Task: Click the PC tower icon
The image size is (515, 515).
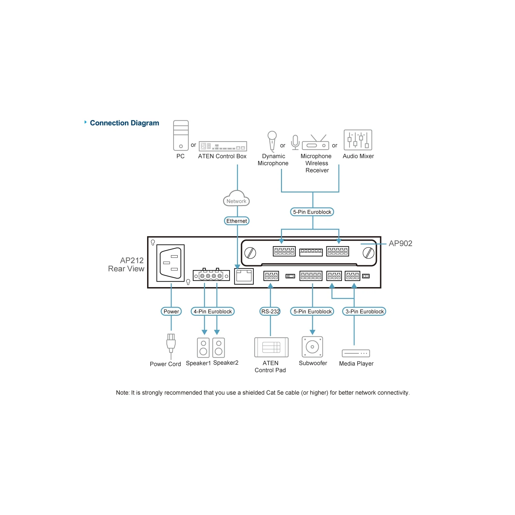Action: pos(181,136)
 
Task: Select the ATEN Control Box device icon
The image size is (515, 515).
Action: pos(223,146)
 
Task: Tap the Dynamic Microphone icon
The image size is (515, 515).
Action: pos(272,141)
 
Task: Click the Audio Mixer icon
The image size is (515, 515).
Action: pos(358,140)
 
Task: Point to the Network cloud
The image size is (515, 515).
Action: pos(236,198)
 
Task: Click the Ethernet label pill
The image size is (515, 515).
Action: pos(237,221)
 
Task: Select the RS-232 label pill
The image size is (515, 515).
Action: pos(270,311)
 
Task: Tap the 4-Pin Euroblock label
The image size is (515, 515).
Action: pos(212,311)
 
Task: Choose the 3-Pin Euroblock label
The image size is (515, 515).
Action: pos(364,311)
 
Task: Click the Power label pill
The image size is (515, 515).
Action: pos(171,311)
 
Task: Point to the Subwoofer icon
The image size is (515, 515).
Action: pos(312,347)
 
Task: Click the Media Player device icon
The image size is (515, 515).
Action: pos(356,353)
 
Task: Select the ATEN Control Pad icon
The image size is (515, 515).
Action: pos(271,347)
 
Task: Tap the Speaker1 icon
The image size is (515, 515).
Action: pos(203,348)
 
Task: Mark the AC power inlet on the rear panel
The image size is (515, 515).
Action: pos(171,263)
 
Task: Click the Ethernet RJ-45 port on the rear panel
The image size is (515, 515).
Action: pos(244,276)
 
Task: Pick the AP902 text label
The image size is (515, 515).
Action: pos(400,243)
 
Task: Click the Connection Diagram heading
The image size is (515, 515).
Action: pos(125,123)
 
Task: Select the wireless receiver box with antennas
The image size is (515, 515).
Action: pos(315,143)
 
